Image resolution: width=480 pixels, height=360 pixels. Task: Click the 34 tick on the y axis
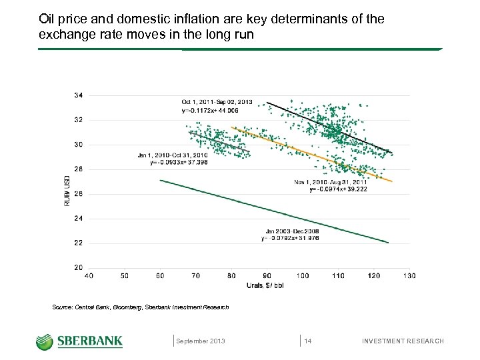click(x=78, y=95)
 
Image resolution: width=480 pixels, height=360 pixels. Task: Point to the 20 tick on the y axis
click(x=78, y=267)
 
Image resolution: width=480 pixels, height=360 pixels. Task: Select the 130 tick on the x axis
click(x=409, y=275)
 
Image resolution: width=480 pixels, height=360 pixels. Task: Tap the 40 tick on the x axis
click(x=89, y=275)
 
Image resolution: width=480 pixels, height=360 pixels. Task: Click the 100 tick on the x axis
click(x=303, y=275)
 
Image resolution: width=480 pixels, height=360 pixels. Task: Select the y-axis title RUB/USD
click(x=67, y=191)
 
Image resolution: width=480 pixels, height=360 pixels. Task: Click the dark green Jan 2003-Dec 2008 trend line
click(x=273, y=211)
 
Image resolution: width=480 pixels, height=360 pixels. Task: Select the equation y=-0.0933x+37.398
click(x=168, y=162)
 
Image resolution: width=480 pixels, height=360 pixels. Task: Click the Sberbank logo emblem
click(x=45, y=341)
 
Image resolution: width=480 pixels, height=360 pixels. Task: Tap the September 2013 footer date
click(x=201, y=341)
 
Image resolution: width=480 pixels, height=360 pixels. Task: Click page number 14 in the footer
click(x=308, y=341)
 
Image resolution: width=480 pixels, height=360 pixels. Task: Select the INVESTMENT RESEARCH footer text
click(x=403, y=341)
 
